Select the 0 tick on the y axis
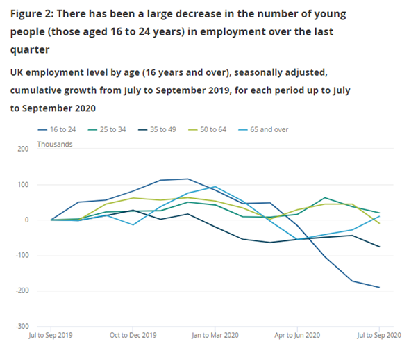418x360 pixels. (26, 220)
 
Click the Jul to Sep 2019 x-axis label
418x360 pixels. (51, 336)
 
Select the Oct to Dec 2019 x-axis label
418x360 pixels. (133, 336)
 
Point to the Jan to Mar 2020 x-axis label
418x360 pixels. (215, 336)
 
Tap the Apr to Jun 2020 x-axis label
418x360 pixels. (297, 336)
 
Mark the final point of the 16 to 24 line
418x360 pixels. (379, 287)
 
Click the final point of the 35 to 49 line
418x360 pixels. (379, 247)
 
